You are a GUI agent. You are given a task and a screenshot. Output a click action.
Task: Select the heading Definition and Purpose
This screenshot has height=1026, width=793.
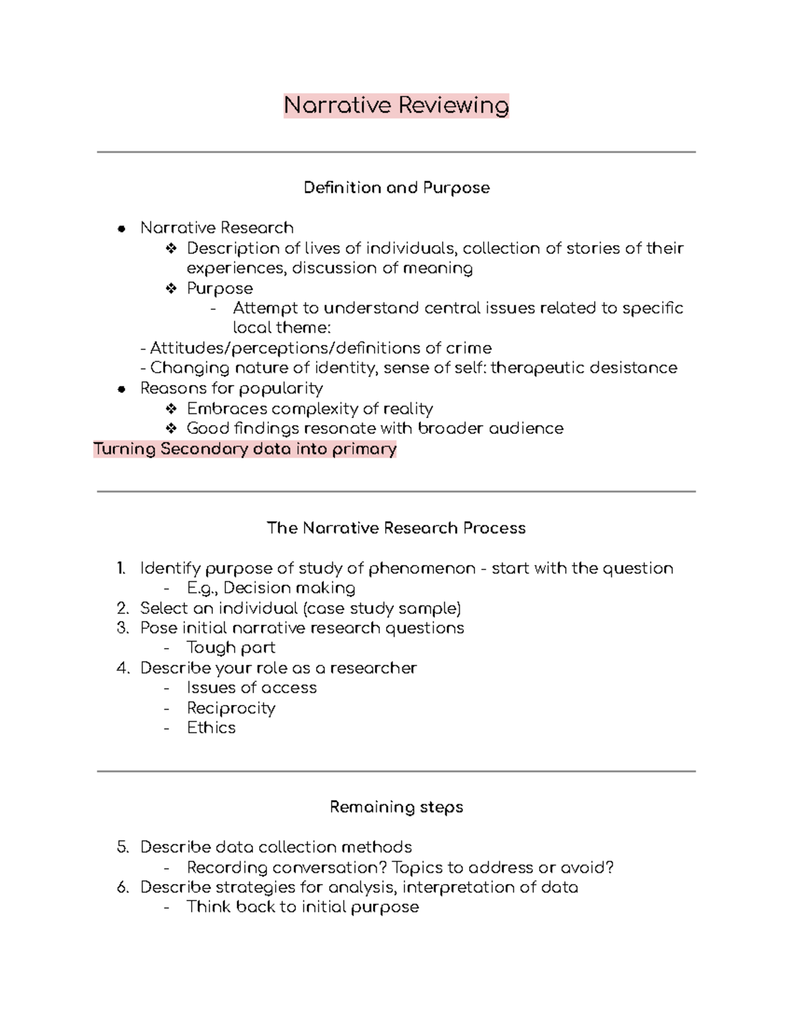click(x=397, y=188)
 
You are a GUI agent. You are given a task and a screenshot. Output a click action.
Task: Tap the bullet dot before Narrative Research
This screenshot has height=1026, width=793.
click(x=121, y=229)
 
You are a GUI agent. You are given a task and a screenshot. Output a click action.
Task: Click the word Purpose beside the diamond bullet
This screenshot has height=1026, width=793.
click(x=219, y=289)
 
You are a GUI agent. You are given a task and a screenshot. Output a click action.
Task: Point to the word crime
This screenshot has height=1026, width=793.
click(x=468, y=348)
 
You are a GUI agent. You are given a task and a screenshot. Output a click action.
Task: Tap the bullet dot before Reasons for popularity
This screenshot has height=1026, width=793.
click(x=121, y=389)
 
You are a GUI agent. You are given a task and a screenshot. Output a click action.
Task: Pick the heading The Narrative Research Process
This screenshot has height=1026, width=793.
click(x=397, y=529)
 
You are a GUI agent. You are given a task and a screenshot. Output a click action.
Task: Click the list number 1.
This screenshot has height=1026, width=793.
click(x=121, y=569)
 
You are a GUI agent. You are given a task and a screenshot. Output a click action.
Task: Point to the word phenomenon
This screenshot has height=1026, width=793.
click(x=422, y=569)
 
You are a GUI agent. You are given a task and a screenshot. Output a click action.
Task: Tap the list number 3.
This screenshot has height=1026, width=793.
click(x=122, y=628)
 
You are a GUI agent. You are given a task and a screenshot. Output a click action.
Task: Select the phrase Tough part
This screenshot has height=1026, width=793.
click(x=231, y=648)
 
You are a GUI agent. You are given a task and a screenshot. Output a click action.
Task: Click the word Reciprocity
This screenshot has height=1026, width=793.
click(x=231, y=708)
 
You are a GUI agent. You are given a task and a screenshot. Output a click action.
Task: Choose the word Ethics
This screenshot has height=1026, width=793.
click(x=211, y=728)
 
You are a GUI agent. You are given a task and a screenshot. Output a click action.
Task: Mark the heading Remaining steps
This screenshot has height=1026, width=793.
click(x=397, y=807)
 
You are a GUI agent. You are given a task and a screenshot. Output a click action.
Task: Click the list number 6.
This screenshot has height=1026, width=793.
click(x=122, y=887)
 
